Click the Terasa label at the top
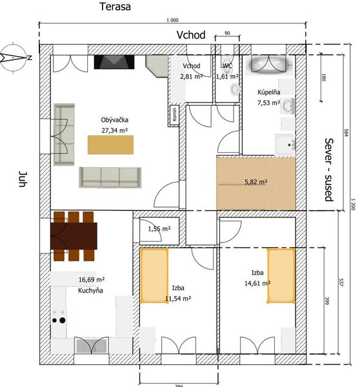[115, 6]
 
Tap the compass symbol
[14, 58]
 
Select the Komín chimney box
[174, 115]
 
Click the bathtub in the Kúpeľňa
[269, 64]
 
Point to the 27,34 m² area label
[114, 130]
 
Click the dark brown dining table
[74, 236]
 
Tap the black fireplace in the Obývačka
[114, 62]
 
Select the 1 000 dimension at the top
[172, 20]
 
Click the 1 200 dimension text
[353, 204]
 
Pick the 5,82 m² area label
[256, 182]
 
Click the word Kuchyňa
[90, 290]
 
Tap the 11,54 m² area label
[178, 299]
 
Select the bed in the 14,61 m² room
[281, 275]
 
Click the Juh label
[23, 179]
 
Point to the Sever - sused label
[329, 170]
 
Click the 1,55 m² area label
[159, 229]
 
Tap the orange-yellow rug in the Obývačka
[110, 145]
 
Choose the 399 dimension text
[326, 301]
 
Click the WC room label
[227, 66]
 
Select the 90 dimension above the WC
[227, 33]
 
